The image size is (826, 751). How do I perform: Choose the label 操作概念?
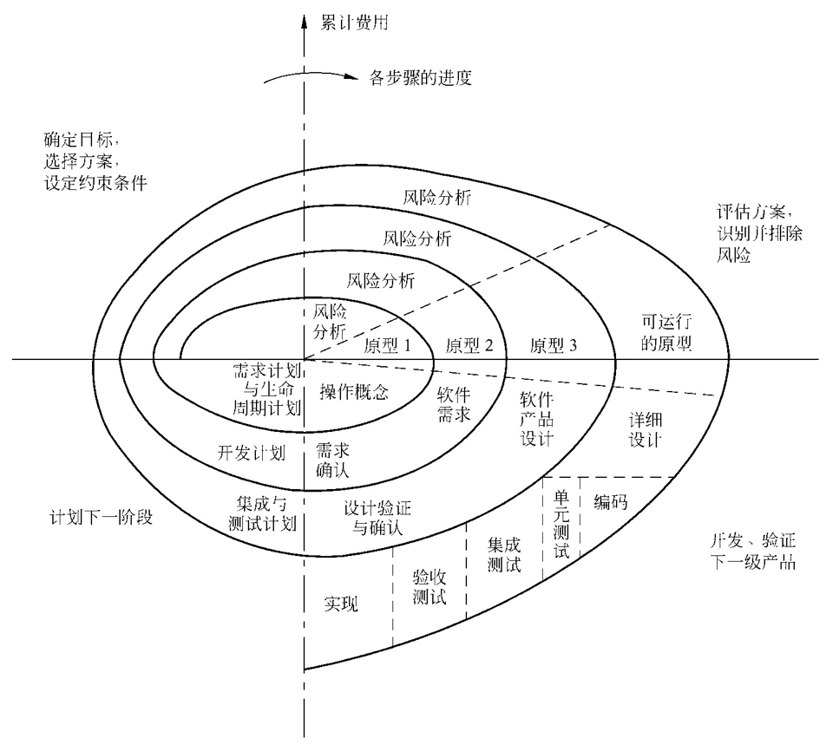click(x=353, y=391)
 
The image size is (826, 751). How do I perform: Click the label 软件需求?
click(x=453, y=405)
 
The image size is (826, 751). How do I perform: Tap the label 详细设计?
click(x=645, y=429)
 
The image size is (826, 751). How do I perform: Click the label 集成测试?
click(x=504, y=555)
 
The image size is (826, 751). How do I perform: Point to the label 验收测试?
click(x=429, y=586)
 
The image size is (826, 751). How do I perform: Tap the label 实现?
click(x=341, y=604)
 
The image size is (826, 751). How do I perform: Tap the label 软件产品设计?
click(x=537, y=418)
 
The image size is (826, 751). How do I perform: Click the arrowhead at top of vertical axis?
click(x=305, y=20)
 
